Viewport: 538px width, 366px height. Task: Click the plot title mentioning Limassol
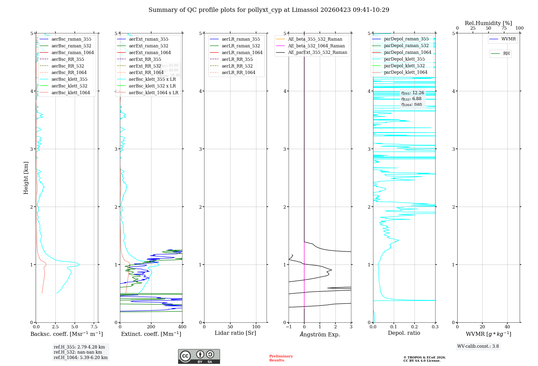click(x=269, y=10)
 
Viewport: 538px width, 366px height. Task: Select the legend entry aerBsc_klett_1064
click(x=70, y=93)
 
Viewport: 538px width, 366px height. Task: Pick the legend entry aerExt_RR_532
click(x=145, y=66)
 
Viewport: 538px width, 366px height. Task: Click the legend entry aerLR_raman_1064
click(x=242, y=52)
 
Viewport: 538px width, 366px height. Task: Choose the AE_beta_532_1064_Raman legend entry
click(x=316, y=46)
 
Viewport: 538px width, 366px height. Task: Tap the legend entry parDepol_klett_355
click(x=404, y=59)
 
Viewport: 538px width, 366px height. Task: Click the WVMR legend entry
click(x=508, y=39)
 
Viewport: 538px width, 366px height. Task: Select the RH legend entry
click(x=506, y=54)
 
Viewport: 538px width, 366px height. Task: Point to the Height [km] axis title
click(x=26, y=178)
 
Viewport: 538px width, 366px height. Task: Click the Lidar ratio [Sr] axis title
click(x=235, y=333)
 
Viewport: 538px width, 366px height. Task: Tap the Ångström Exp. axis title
click(x=320, y=334)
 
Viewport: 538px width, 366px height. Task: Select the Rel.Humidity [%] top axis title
click(x=488, y=23)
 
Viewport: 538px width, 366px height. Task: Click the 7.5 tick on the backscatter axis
click(x=94, y=327)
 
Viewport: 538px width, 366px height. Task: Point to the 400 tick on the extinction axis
click(x=182, y=327)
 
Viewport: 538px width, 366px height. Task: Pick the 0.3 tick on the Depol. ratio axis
click(x=435, y=327)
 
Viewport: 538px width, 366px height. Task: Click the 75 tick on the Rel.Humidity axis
click(x=504, y=28)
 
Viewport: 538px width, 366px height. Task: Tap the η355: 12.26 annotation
click(x=413, y=93)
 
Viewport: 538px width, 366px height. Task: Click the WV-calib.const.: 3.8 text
click(x=478, y=346)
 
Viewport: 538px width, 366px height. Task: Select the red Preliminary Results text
click(x=281, y=358)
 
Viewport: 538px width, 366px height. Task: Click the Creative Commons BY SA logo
click(x=199, y=356)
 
